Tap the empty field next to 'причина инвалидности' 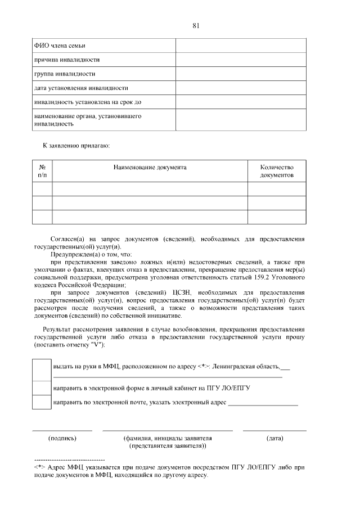click(241, 60)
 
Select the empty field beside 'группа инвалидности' click(241, 74)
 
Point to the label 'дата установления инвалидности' click(81, 88)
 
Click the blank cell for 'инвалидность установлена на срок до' click(241, 102)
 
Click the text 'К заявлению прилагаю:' click(76, 145)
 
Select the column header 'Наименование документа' click(150, 167)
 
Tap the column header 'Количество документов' click(277, 171)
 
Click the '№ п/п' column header click(42, 171)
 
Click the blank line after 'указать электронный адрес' click(263, 404)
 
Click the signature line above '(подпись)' click(62, 430)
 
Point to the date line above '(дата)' click(274, 430)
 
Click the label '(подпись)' click(62, 438)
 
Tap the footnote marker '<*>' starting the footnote click(39, 467)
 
